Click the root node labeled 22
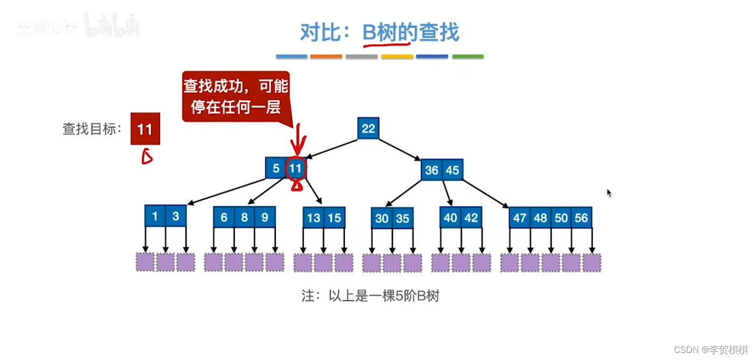click(x=368, y=128)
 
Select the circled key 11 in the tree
click(x=295, y=168)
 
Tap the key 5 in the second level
click(x=275, y=168)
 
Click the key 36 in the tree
click(x=432, y=170)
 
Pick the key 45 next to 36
click(x=453, y=170)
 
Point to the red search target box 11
click(x=145, y=129)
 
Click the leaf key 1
click(x=155, y=216)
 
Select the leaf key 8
click(x=245, y=217)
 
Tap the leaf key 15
click(x=335, y=218)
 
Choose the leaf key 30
click(x=382, y=218)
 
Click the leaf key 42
click(x=471, y=217)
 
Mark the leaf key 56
click(x=581, y=218)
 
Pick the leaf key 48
click(x=540, y=218)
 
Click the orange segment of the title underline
click(x=326, y=57)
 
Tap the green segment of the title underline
click(x=468, y=57)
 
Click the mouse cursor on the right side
click(x=609, y=192)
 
